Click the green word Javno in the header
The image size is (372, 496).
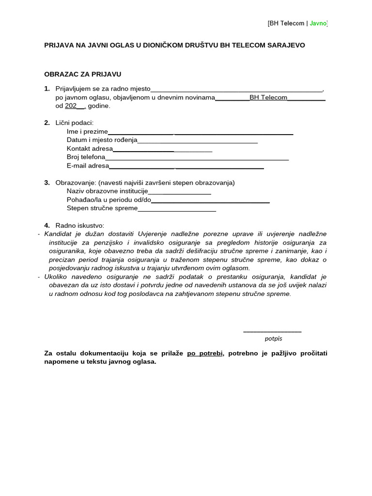click(318, 23)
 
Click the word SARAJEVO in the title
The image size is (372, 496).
click(286, 45)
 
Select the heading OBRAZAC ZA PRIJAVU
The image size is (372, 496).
click(82, 74)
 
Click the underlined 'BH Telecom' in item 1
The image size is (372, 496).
click(268, 97)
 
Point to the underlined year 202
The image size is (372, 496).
click(71, 106)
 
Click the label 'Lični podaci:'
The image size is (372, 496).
click(75, 123)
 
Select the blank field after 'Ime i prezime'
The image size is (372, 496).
click(201, 132)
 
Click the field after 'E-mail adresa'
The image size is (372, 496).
click(186, 167)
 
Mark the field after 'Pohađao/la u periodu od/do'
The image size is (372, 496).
click(210, 201)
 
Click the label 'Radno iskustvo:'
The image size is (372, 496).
click(80, 225)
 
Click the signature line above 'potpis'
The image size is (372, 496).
click(272, 332)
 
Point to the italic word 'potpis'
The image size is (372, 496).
click(273, 339)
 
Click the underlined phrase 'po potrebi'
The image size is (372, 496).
click(205, 353)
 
